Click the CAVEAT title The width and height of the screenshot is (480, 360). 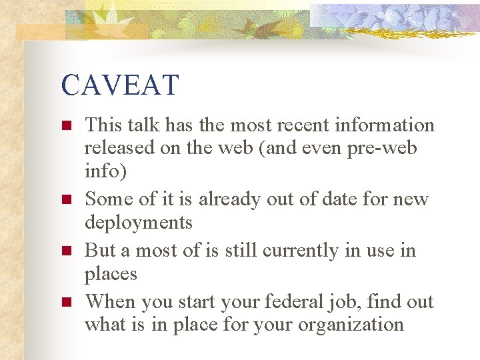tap(120, 85)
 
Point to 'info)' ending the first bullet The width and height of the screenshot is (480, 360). tap(105, 171)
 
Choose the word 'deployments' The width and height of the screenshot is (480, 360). tap(139, 222)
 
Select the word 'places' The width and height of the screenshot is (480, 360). tap(111, 273)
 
